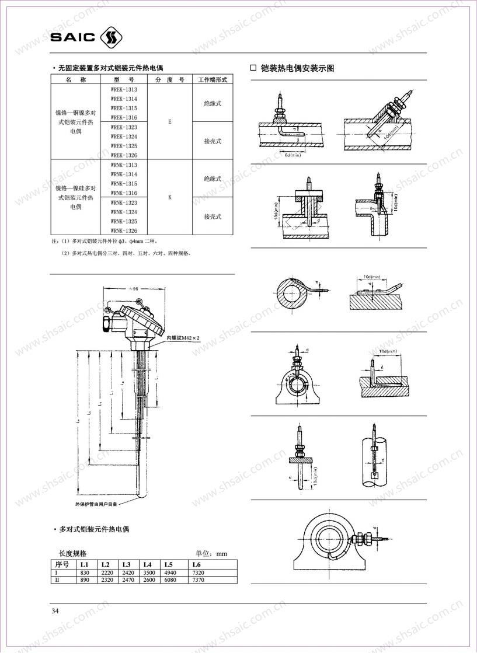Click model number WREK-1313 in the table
tap(124, 90)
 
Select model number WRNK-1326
tap(124, 231)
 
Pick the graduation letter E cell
tap(170, 123)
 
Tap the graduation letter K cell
tap(170, 197)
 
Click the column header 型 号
tap(124, 79)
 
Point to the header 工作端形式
tap(213, 79)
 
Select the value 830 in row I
tap(84, 573)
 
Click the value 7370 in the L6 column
tap(199, 581)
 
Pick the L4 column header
tap(147, 564)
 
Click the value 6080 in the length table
tap(170, 581)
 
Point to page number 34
tap(55, 611)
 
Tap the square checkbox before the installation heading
tap(253, 68)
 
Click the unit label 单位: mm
tap(211, 553)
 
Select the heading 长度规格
tap(72, 553)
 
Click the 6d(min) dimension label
tap(292, 155)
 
